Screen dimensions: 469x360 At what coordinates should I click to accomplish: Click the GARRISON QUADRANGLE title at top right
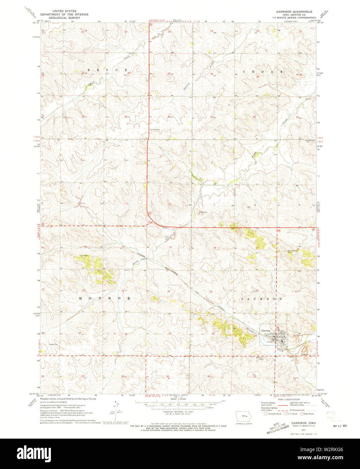[294, 11]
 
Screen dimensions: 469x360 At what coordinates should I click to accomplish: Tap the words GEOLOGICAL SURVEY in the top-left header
[60, 18]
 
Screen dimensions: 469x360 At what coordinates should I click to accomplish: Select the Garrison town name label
[266, 330]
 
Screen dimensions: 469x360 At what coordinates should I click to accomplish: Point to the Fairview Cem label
[155, 129]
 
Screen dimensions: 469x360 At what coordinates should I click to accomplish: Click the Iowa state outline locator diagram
[246, 416]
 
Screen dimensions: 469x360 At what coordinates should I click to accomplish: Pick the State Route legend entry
[308, 413]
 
